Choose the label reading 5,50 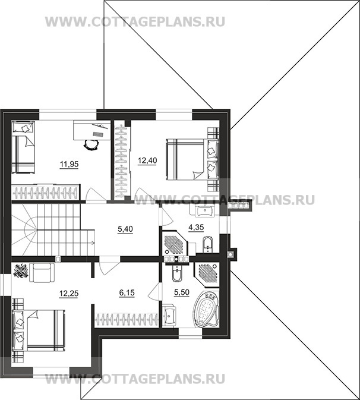click(181, 294)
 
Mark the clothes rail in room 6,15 click(126, 319)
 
